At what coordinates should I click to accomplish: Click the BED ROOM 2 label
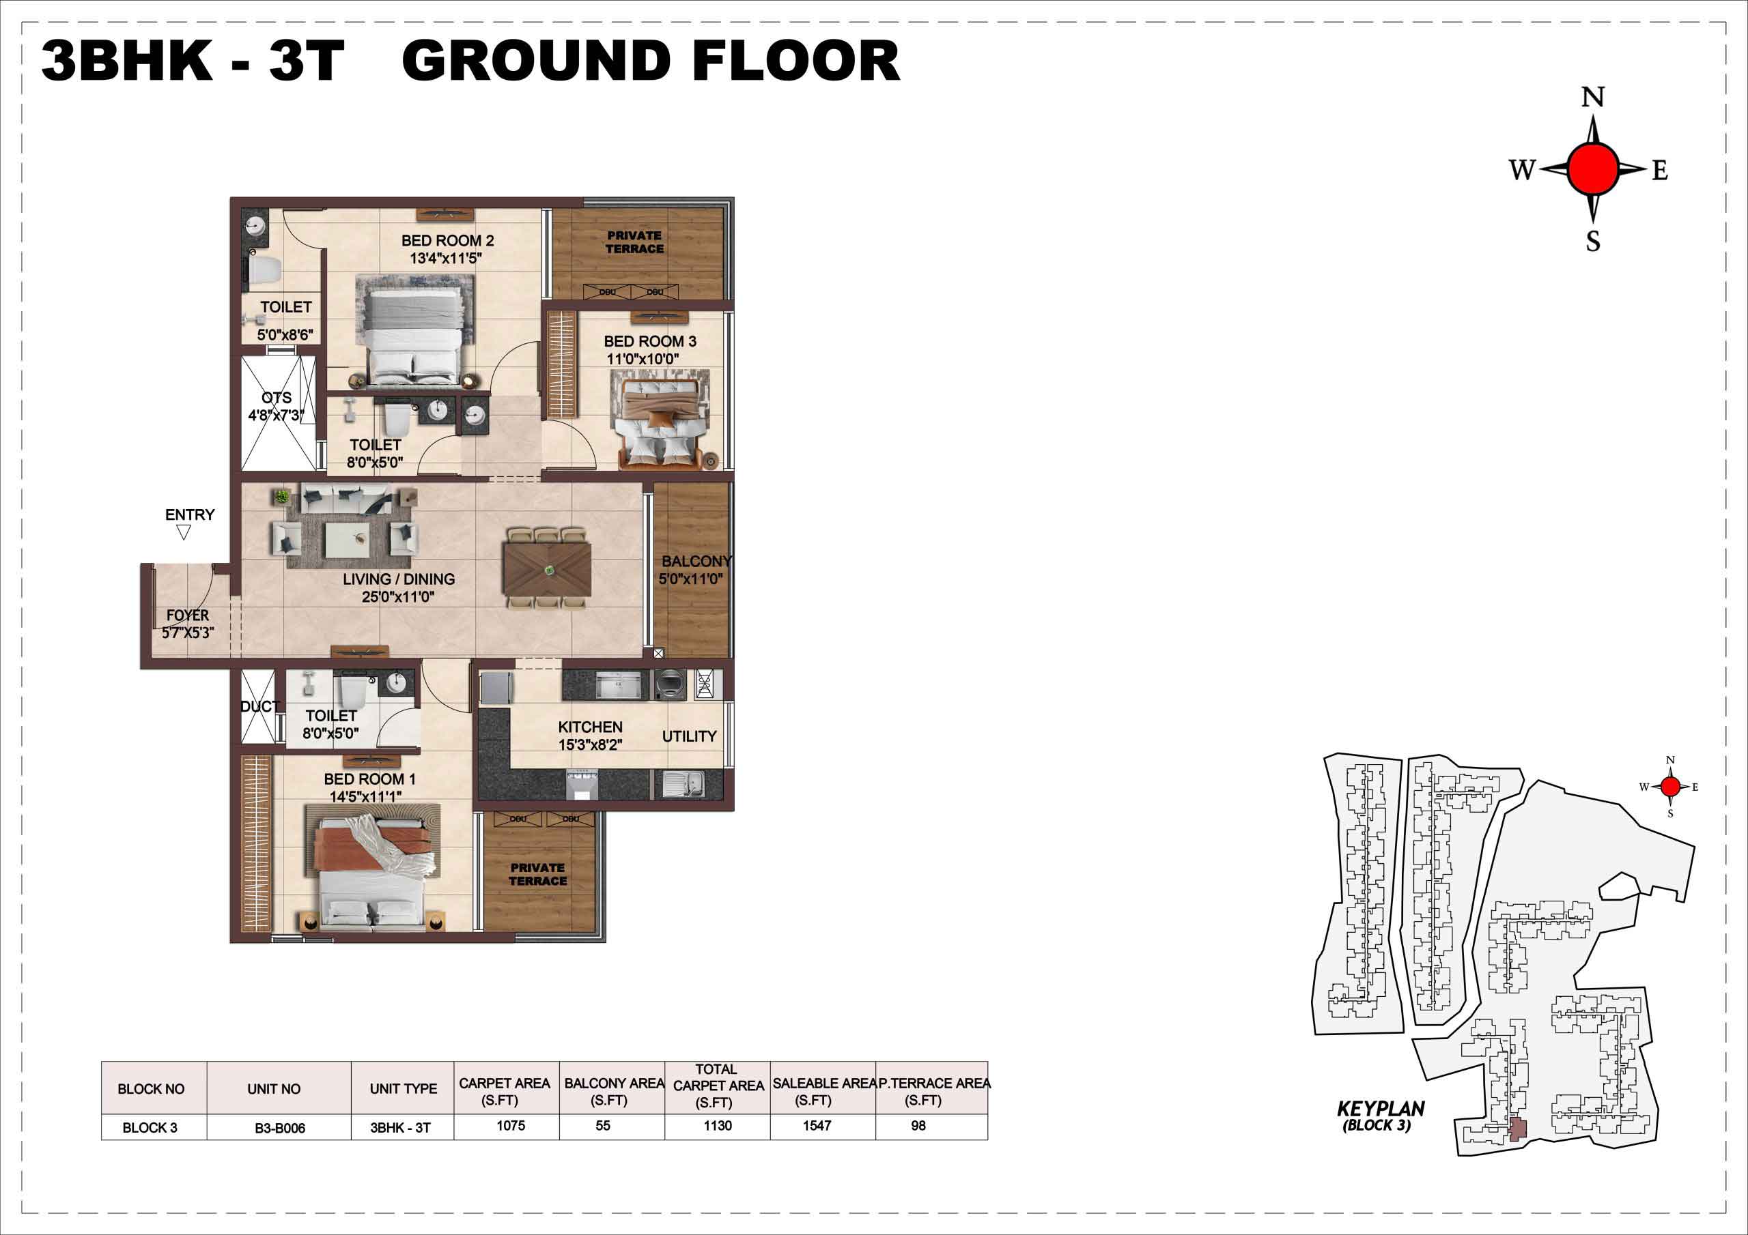click(448, 240)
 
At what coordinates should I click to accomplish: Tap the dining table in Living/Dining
click(547, 568)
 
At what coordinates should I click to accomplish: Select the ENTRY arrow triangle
click(183, 534)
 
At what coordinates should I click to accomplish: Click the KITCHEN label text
click(590, 727)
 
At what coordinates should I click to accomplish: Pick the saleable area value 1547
click(817, 1125)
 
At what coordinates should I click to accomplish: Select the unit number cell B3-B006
click(280, 1128)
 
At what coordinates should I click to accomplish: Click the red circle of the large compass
click(1592, 169)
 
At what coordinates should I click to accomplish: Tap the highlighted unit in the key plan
click(1517, 1130)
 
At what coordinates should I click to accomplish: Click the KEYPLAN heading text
click(1380, 1109)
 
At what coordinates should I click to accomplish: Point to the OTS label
click(277, 398)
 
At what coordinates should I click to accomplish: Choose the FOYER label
click(187, 615)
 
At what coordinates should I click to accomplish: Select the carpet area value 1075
click(511, 1125)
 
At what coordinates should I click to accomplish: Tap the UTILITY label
click(689, 736)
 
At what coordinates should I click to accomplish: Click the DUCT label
click(259, 706)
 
